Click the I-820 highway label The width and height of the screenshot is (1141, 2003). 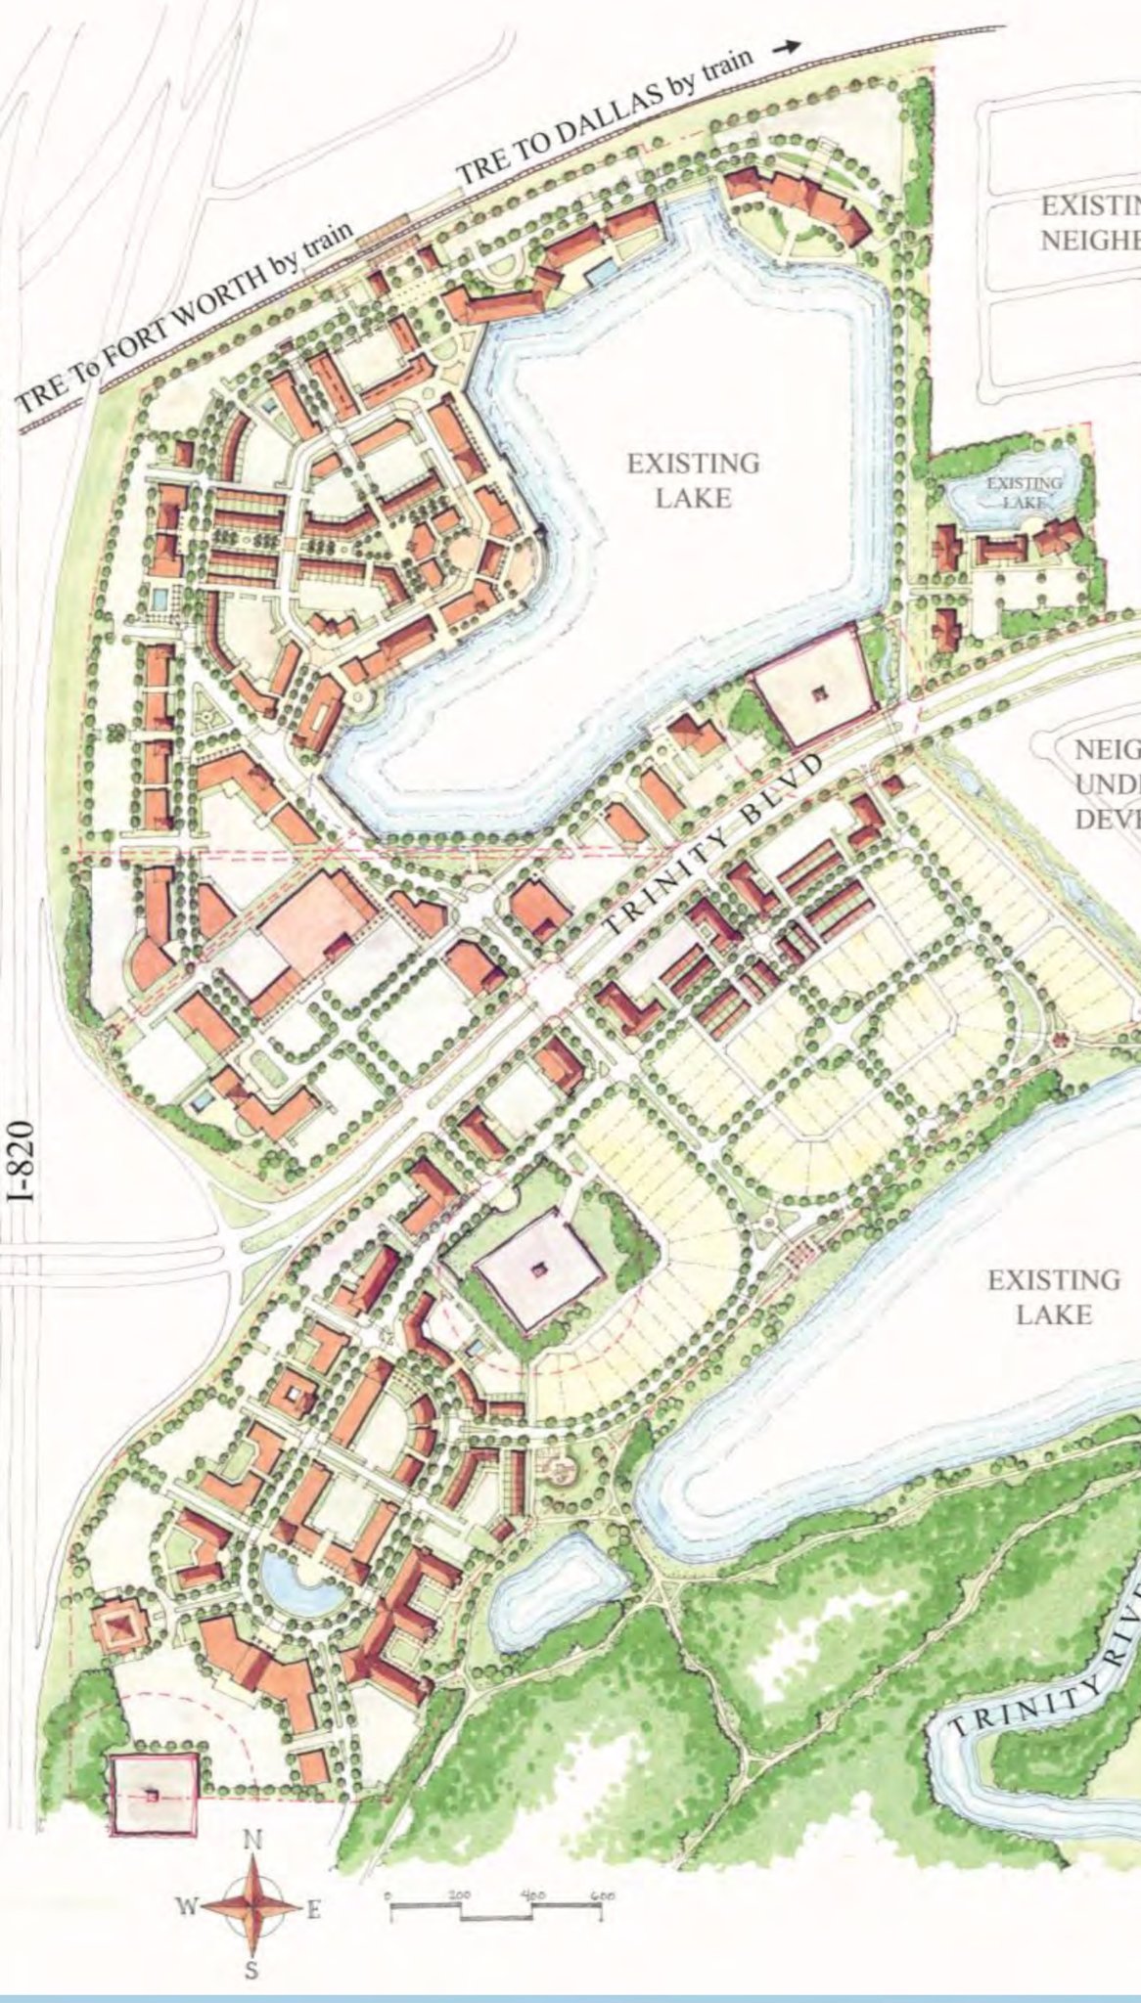point(26,1160)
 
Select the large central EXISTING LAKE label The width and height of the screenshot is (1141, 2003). point(693,480)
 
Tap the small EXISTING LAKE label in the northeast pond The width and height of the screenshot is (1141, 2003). point(1023,491)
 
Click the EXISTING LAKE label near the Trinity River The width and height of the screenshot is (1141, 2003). point(1053,1296)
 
